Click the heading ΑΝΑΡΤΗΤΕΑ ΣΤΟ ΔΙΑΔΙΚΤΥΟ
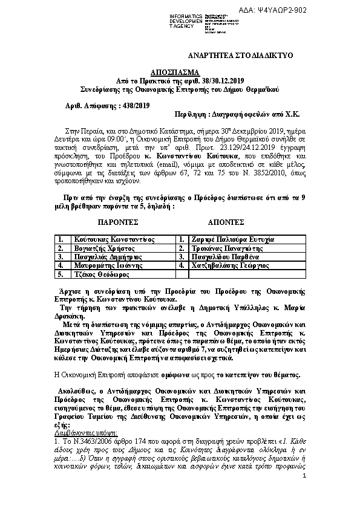[240, 55]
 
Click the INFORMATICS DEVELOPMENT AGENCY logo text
[188, 22]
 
